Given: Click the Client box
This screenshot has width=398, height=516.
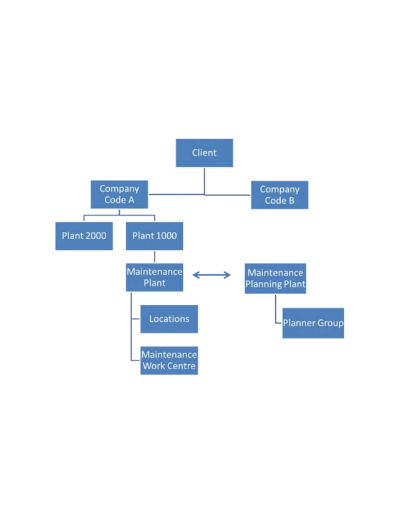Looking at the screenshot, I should (204, 152).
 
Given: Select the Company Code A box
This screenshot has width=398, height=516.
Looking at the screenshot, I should (119, 195).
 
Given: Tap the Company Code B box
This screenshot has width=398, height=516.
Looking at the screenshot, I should (279, 195).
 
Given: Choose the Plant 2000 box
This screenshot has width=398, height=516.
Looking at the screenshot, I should (84, 236).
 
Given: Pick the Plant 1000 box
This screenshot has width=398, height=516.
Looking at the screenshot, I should (154, 236).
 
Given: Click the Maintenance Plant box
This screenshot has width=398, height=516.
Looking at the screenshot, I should (154, 277).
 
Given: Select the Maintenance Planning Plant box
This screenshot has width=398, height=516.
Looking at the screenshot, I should (275, 279).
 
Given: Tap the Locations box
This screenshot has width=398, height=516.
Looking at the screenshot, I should (169, 319).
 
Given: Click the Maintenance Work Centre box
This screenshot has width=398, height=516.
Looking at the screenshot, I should (169, 360).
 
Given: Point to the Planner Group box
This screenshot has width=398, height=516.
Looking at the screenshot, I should (313, 323).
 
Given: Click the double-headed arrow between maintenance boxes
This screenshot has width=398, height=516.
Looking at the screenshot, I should (211, 275).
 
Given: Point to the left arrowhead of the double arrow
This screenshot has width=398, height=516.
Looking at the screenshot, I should (195, 275).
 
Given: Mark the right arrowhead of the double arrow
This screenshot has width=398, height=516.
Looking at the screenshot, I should (228, 275).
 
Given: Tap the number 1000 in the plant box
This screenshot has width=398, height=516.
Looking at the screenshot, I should (165, 236).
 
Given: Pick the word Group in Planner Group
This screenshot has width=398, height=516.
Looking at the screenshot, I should (331, 324).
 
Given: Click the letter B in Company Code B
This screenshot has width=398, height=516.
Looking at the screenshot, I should (290, 201).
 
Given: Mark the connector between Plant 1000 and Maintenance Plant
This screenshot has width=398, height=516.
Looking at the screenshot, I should (155, 257).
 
